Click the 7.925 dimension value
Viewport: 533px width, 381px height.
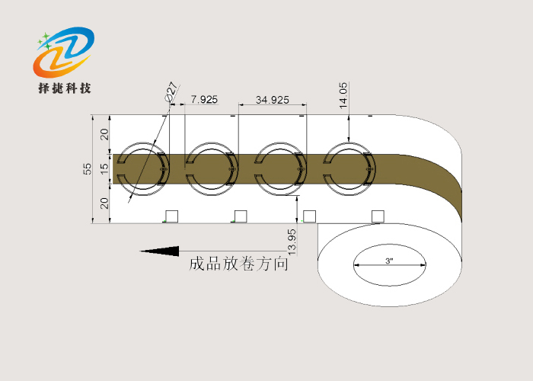pos(203,100)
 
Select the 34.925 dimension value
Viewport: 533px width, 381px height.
pos(272,100)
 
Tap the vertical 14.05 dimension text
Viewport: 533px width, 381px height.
pos(343,95)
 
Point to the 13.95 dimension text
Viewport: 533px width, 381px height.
pos(292,241)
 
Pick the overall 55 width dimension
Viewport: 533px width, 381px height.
pos(88,168)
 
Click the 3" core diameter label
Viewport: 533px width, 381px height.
pos(389,261)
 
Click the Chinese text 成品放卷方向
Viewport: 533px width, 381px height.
pos(238,264)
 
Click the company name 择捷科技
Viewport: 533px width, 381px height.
pos(65,88)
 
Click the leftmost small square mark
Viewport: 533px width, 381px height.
pos(172,216)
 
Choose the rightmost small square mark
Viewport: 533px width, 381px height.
pos(378,216)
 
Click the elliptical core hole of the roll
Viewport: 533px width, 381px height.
pos(389,266)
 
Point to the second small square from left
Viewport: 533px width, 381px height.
pos(241,216)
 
